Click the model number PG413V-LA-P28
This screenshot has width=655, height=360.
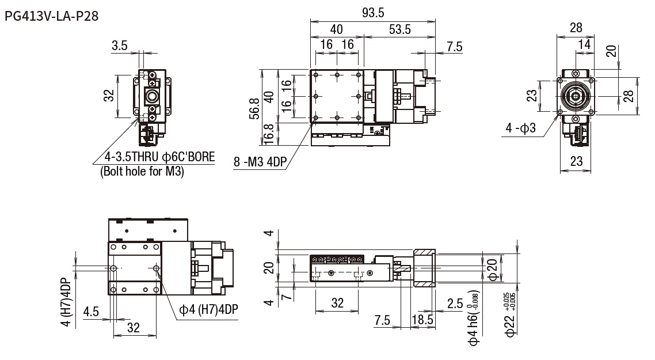[51, 16]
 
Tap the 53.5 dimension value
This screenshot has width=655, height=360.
[399, 30]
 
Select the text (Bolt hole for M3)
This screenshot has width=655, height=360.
[142, 171]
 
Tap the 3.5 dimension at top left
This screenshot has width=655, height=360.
[120, 46]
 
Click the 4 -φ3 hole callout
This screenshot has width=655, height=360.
[521, 128]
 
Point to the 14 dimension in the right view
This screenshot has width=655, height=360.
[584, 44]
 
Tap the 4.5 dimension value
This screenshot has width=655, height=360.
[91, 312]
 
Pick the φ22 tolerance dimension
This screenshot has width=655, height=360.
[509, 314]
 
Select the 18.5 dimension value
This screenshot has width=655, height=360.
[423, 319]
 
